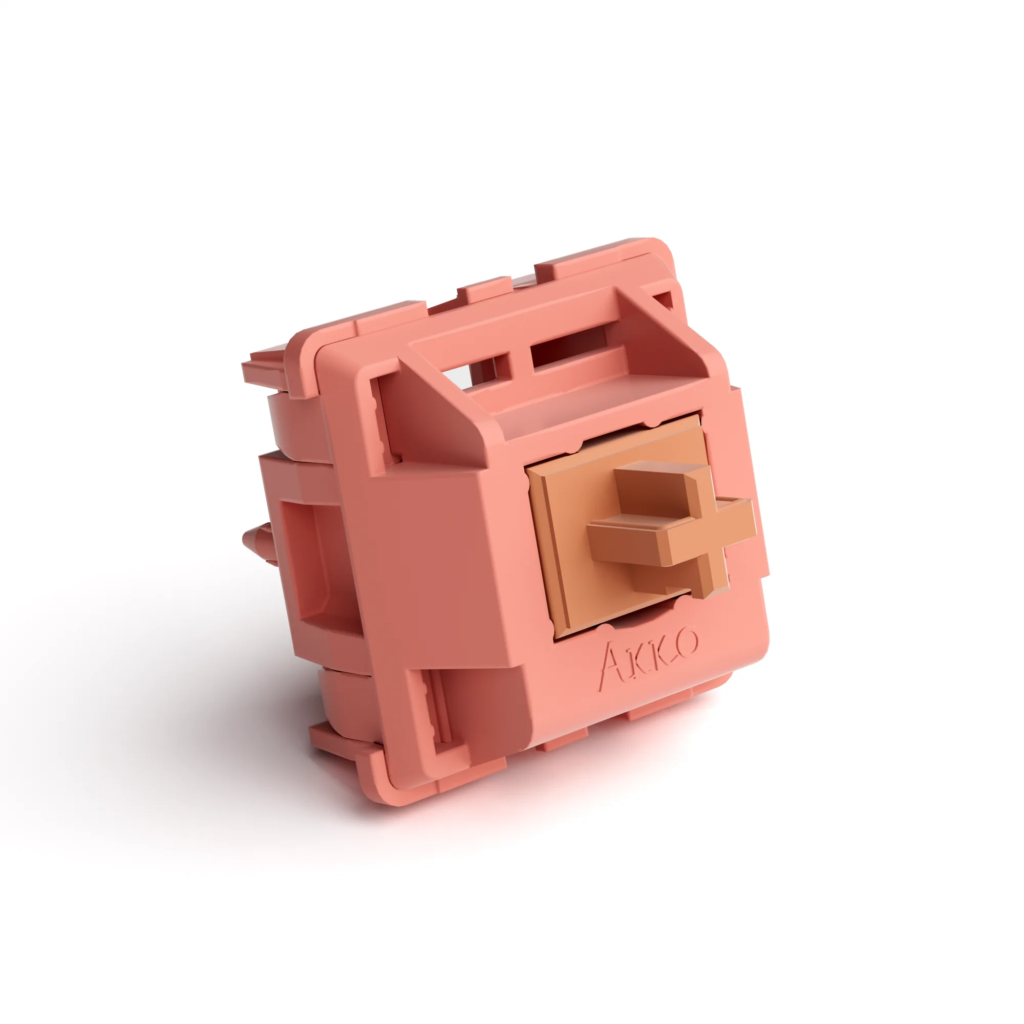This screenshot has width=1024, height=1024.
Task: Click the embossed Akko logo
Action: (648, 658)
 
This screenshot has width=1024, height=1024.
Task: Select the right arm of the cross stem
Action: (734, 517)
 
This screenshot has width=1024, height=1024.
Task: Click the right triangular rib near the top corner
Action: (663, 339)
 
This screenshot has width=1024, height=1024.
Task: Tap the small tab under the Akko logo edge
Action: (562, 740)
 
